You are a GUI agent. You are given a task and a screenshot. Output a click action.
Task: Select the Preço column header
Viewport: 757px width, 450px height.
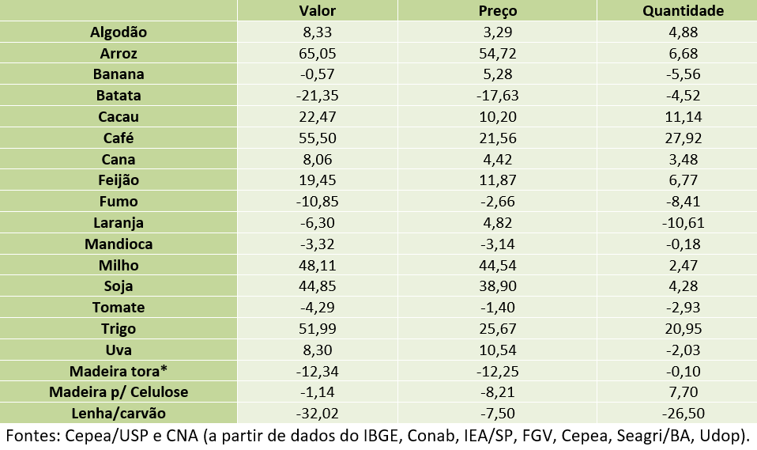[498, 10]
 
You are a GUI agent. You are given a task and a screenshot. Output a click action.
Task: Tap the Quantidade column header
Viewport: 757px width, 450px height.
[683, 10]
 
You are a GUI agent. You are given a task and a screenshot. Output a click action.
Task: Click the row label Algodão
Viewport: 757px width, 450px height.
[119, 32]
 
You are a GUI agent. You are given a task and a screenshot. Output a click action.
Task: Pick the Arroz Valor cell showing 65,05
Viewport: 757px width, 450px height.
[317, 53]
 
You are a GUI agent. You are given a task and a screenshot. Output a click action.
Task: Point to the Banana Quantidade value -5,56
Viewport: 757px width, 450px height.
[683, 74]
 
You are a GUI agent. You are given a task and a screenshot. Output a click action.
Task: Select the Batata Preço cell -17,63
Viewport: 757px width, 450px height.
[498, 96]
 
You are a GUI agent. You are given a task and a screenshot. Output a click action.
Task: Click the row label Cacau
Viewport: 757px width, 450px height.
[119, 116]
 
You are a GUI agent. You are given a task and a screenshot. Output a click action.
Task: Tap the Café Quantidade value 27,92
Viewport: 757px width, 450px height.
[683, 138]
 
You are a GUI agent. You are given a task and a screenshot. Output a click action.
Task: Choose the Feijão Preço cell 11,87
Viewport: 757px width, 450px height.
[498, 180]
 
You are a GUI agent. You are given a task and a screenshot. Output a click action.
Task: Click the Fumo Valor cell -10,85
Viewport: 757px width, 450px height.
[317, 202]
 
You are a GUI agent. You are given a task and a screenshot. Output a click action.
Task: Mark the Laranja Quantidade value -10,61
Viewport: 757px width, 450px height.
[683, 222]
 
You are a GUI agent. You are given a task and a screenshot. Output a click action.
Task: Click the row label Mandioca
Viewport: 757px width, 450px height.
[119, 244]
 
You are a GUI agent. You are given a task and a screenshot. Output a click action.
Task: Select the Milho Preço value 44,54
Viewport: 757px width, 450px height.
[498, 265]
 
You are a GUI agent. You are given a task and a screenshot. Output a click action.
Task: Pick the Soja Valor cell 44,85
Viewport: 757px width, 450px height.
[317, 286]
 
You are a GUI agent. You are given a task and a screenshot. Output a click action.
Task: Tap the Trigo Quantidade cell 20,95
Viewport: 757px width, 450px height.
[683, 328]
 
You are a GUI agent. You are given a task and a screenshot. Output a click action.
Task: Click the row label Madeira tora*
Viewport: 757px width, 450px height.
[119, 371]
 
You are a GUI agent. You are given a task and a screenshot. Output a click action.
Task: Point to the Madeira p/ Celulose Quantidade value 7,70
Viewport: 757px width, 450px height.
[683, 392]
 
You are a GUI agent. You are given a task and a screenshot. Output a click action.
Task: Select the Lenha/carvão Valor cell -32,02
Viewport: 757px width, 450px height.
[317, 413]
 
